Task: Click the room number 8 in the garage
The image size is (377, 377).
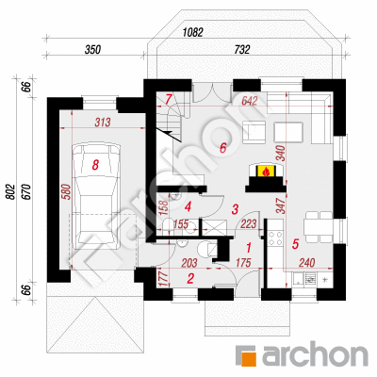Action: click(95, 164)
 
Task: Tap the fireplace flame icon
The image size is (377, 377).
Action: click(266, 172)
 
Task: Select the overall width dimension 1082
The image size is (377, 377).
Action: click(193, 32)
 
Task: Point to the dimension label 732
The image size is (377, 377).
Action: click(241, 50)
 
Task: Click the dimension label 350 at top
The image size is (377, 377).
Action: click(92, 50)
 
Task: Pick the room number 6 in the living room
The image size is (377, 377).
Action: click(223, 147)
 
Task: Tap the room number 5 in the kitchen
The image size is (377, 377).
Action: click(295, 243)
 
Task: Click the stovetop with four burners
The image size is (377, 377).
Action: click(275, 238)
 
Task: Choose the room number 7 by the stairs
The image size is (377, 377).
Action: click(168, 99)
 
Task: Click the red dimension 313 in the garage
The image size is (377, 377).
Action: click(103, 123)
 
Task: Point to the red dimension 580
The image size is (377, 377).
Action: click(67, 192)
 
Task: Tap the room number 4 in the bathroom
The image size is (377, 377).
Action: click(188, 206)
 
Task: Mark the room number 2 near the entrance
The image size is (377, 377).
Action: click(190, 278)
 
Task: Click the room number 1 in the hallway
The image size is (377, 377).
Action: click(249, 248)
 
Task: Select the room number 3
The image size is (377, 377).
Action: click(235, 209)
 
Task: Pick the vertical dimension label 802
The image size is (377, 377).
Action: click(10, 191)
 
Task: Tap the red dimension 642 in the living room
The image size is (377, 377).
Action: click(250, 101)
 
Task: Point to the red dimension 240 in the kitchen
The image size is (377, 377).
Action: click(306, 263)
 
